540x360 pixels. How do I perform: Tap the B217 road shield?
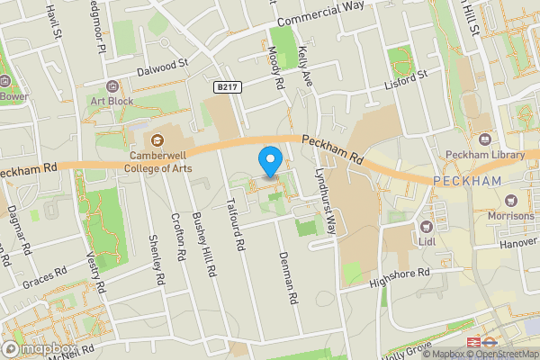[227, 86]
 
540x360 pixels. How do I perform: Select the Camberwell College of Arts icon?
[157, 139]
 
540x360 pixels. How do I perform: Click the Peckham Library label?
[491, 155]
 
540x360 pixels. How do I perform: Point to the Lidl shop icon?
[427, 225]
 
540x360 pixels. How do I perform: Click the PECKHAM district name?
[466, 181]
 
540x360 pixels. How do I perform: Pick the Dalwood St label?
[162, 64]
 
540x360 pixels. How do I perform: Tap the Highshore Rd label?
[399, 276]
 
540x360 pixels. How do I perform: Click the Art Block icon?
[112, 85]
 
